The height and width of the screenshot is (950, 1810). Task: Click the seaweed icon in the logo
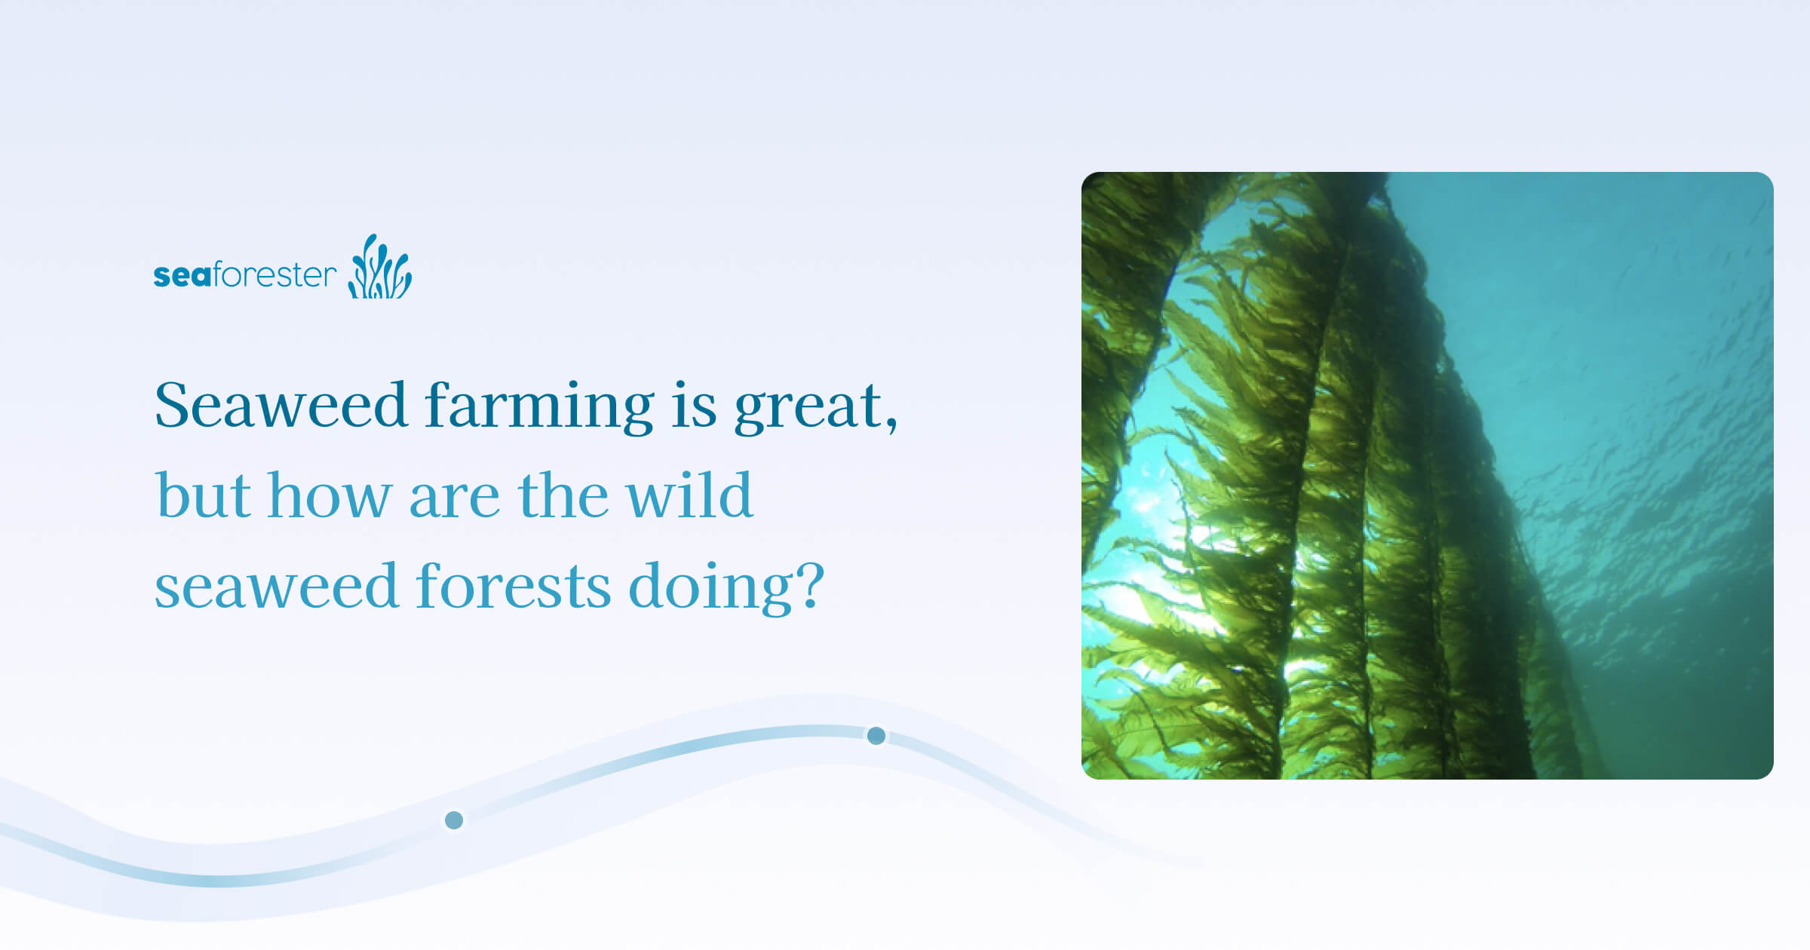coord(380,267)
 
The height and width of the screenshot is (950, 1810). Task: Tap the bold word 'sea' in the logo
coord(183,275)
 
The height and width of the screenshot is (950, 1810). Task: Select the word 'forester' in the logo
coord(275,274)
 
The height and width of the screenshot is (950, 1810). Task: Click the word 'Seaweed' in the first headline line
coord(281,406)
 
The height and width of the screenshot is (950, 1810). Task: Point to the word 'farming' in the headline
coord(539,407)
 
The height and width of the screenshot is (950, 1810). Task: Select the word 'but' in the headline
coord(203,495)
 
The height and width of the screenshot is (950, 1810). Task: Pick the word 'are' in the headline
coord(454,502)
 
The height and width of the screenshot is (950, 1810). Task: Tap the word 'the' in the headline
coord(563,495)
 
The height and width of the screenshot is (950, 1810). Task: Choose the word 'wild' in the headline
coord(689,495)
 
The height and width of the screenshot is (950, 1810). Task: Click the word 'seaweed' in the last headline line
coord(276,587)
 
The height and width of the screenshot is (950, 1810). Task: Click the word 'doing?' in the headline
coord(726,588)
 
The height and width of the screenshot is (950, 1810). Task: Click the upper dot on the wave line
coord(876,736)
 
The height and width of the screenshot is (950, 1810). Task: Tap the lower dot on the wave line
coord(454,820)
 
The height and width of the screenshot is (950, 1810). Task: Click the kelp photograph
coord(1427,476)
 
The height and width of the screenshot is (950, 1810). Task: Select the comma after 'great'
coord(892,427)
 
